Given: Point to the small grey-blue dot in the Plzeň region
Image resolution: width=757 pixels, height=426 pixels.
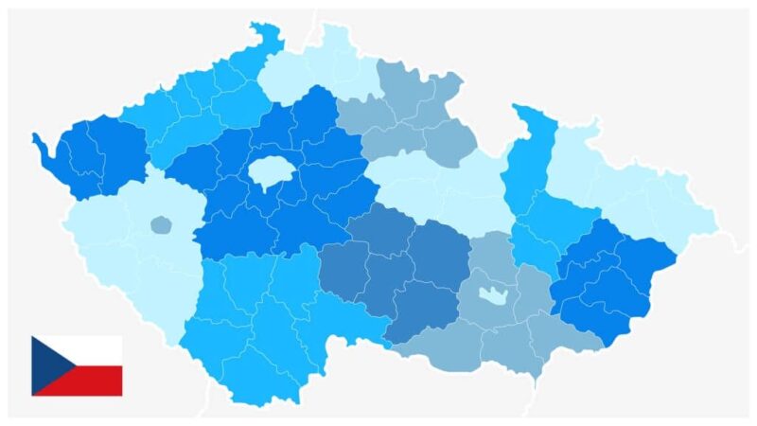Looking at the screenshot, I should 161,225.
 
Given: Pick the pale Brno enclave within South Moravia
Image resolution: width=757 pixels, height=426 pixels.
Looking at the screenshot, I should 492,294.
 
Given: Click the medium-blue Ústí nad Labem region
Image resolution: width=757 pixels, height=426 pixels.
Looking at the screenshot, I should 203,109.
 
